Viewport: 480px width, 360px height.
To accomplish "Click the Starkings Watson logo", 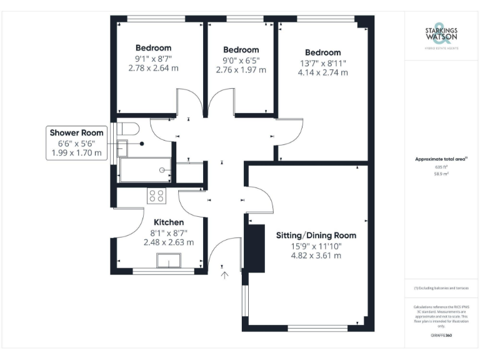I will [441, 35].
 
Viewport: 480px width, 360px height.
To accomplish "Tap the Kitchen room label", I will [169, 222].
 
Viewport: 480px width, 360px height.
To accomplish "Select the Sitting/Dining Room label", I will [316, 236].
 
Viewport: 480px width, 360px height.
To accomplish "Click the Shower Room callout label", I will [76, 132].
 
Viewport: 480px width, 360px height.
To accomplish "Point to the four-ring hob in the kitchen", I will [157, 195].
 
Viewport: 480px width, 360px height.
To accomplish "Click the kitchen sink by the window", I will [168, 261].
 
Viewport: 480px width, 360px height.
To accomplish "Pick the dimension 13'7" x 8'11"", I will [322, 63].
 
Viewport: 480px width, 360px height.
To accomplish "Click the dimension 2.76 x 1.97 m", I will [241, 70].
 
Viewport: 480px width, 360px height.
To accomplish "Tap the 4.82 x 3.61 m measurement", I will [316, 256].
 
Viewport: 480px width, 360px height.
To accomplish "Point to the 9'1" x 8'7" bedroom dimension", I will [153, 58].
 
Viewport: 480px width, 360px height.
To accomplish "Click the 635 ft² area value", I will [441, 167].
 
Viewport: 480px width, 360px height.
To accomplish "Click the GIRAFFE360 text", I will [441, 335].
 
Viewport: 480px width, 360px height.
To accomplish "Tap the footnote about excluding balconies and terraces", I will [441, 287].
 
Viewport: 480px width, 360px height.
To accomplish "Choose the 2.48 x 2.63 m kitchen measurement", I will [169, 242].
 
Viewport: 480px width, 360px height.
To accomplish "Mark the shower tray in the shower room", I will [144, 170].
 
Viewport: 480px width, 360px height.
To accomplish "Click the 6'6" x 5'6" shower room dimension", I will [76, 143].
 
